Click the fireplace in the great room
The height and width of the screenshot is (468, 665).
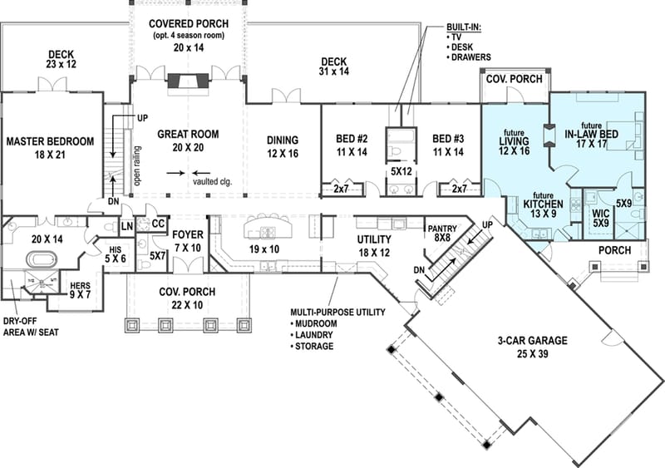coord(188,81)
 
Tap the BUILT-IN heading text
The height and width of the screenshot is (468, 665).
coord(463,28)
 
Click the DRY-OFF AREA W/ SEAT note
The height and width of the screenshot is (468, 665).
coord(32,326)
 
